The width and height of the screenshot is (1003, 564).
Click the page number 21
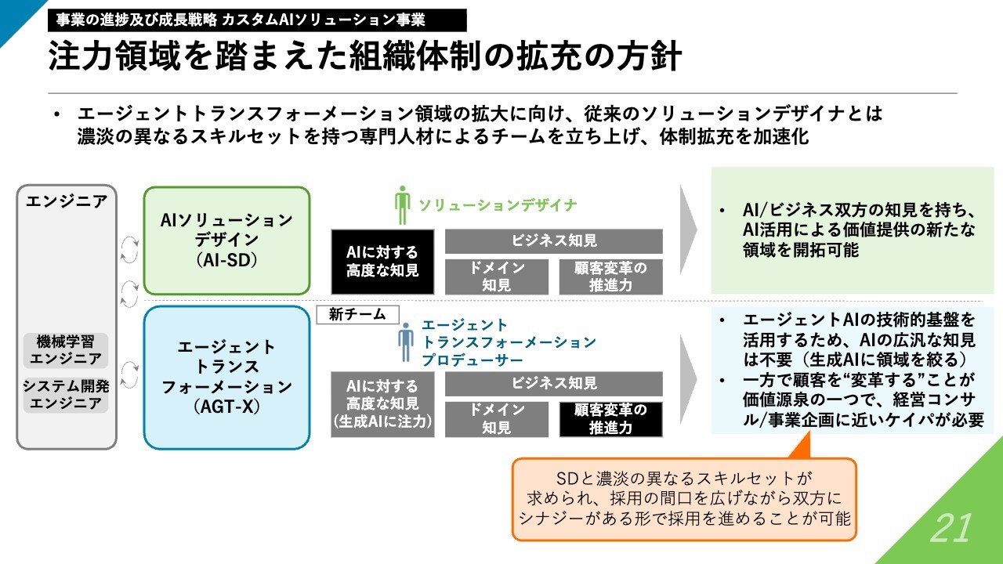tap(951, 530)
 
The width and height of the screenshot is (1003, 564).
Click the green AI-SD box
tap(226, 240)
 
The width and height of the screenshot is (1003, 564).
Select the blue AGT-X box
tap(226, 377)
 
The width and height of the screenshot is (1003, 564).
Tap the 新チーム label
tap(357, 315)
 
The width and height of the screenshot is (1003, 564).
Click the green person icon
tap(403, 205)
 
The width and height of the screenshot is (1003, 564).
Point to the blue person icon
tap(405, 342)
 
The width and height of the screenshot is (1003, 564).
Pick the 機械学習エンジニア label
tap(67, 350)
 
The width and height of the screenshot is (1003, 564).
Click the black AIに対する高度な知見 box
tap(382, 262)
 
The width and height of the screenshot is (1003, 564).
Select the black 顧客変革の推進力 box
tap(611, 419)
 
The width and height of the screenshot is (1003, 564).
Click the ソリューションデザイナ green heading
tap(498, 205)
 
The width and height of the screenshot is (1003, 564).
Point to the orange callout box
tap(683, 498)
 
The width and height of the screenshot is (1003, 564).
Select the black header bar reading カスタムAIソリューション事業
tap(257, 20)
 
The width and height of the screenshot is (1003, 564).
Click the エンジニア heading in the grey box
tap(67, 201)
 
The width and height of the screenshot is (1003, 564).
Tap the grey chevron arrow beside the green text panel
tap(688, 230)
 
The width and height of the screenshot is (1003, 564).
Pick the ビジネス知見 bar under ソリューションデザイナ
tap(554, 241)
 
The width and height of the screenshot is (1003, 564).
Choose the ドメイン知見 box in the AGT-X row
tap(497, 419)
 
